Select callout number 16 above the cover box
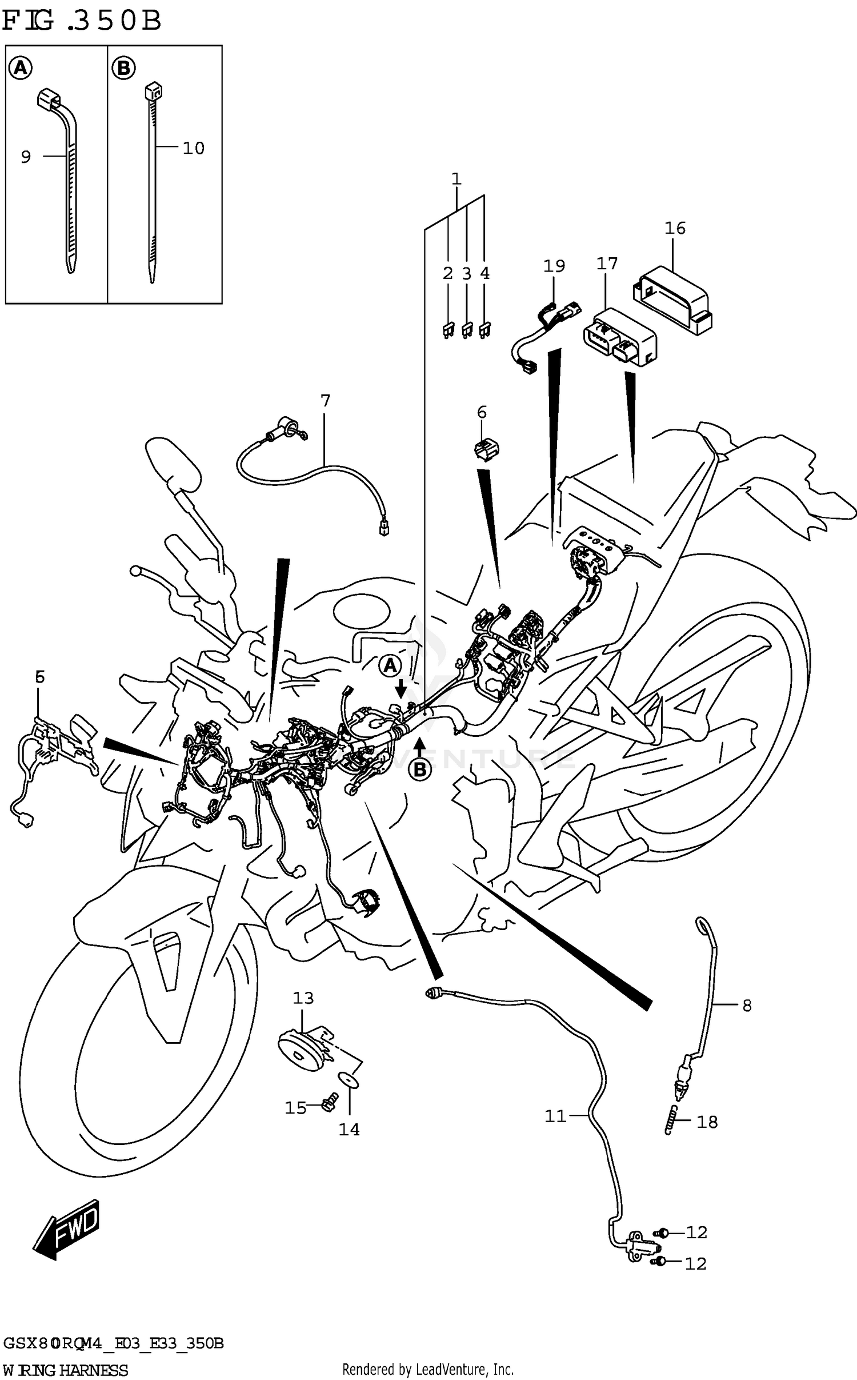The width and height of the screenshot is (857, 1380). coord(675,228)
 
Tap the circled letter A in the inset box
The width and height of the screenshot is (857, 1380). coord(21,69)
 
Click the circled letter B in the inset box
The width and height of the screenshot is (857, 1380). coord(123,69)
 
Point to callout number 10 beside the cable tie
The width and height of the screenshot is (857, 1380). coord(193,148)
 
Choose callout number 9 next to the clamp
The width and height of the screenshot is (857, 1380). coord(26,157)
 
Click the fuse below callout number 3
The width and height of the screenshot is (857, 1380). coord(467,330)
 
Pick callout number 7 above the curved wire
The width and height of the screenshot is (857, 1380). coord(326,401)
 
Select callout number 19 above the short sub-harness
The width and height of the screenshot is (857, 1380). coord(554,266)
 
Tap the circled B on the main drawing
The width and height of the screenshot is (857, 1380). coord(420,770)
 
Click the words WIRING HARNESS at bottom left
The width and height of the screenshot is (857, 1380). coord(66,1370)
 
